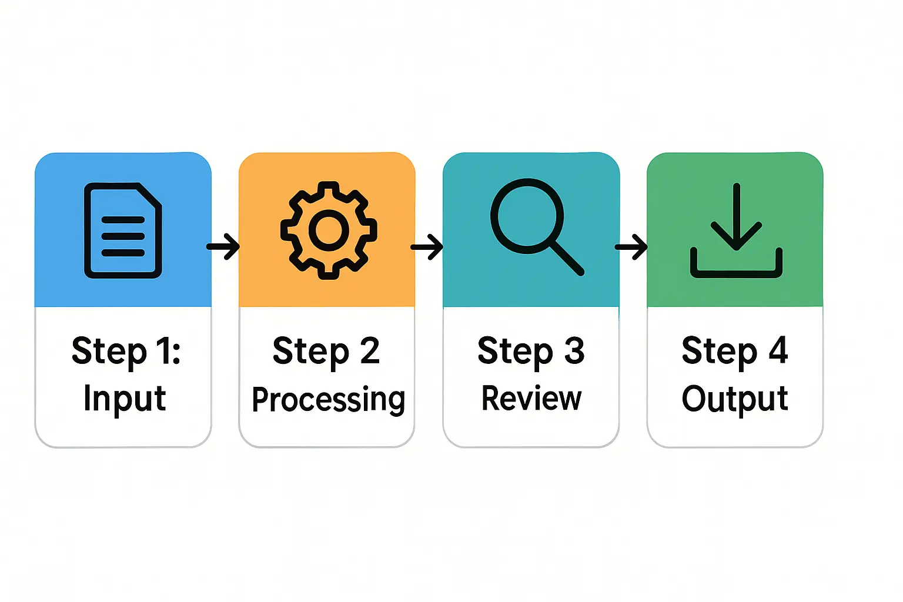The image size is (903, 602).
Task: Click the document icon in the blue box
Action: tap(123, 230)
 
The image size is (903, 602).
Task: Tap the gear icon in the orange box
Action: tap(329, 230)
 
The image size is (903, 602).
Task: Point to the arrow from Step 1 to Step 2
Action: tap(224, 246)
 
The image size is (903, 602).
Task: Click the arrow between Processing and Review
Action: tap(428, 246)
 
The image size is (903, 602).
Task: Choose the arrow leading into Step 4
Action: tap(632, 246)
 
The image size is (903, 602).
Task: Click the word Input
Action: tap(125, 399)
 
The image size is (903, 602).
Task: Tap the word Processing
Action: tap(328, 400)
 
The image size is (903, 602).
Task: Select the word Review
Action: tap(531, 399)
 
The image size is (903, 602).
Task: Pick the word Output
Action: tap(735, 399)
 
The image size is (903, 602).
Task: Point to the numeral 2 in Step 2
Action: tap(370, 351)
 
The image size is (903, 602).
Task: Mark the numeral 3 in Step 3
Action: tap(574, 351)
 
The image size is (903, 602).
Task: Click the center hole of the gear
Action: tap(329, 230)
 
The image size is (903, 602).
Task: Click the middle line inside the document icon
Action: tap(123, 236)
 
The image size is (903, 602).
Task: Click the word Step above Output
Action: tap(720, 352)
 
